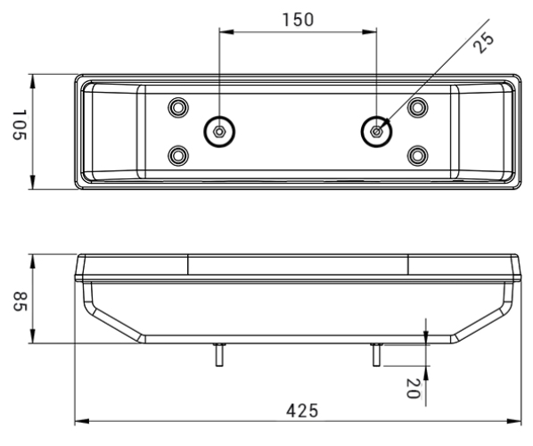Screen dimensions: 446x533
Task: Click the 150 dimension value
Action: pyautogui.click(x=298, y=20)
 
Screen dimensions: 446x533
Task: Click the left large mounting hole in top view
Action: pyautogui.click(x=218, y=132)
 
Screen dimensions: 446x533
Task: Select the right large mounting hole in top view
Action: pyautogui.click(x=377, y=132)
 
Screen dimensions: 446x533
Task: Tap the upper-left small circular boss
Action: pyautogui.click(x=178, y=108)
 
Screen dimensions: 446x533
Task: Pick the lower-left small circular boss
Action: pyautogui.click(x=178, y=156)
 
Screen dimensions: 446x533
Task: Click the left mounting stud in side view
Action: pyautogui.click(x=218, y=355)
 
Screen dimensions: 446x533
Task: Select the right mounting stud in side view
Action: pyautogui.click(x=377, y=355)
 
